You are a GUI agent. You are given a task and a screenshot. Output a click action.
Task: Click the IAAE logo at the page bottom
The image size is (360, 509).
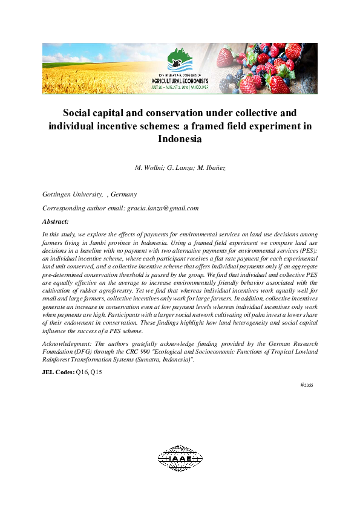click(x=180, y=458)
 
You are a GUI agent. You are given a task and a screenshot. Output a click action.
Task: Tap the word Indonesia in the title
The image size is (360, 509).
click(x=179, y=138)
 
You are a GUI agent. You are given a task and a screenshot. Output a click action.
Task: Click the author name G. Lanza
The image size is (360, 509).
click(x=180, y=167)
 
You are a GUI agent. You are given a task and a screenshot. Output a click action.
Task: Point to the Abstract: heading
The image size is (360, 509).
click(x=55, y=221)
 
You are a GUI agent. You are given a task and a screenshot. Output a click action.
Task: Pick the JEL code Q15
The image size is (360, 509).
click(x=96, y=372)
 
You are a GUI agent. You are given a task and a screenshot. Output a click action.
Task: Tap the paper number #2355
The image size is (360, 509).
click(x=306, y=384)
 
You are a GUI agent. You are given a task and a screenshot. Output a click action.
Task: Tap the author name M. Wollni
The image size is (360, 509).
click(x=146, y=167)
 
